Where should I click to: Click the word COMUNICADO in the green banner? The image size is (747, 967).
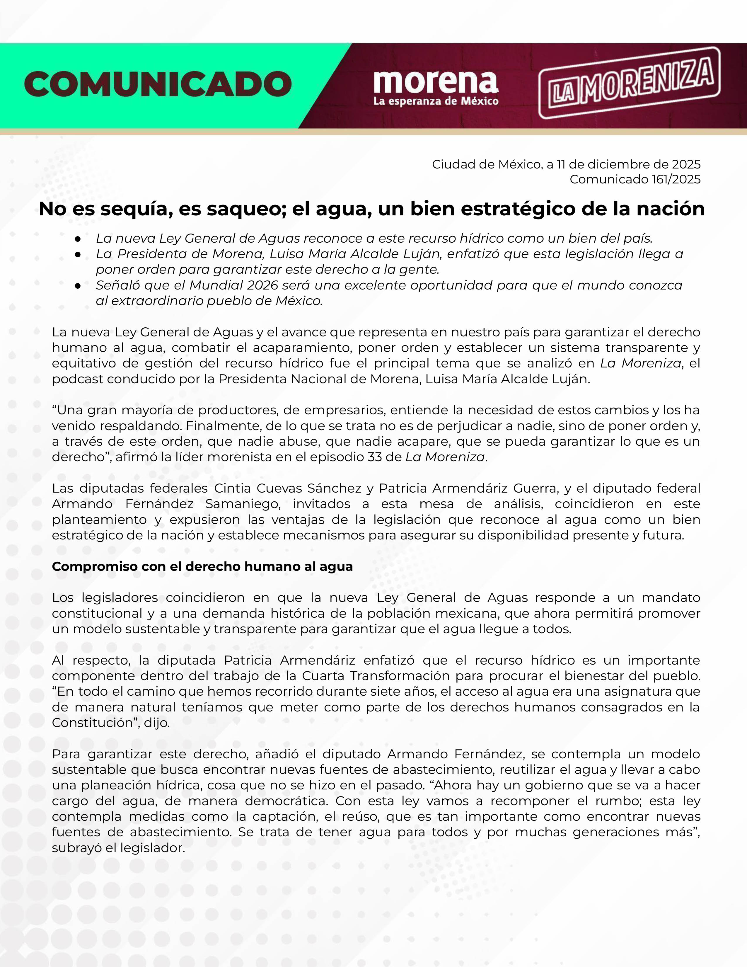click(x=158, y=84)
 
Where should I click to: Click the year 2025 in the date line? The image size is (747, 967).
click(x=686, y=164)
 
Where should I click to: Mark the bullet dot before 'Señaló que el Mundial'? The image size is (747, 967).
click(x=78, y=286)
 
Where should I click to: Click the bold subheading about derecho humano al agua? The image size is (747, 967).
click(x=202, y=566)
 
